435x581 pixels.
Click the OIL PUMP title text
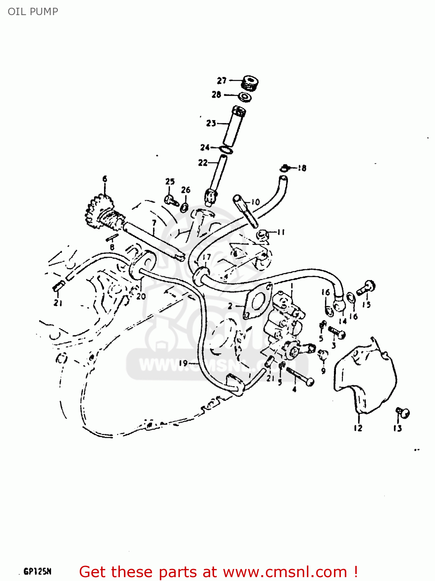[x=33, y=12]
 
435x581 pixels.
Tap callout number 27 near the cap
[x=221, y=81]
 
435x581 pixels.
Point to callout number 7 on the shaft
[x=154, y=223]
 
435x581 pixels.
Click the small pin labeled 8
[x=113, y=238]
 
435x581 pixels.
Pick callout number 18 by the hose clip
[x=302, y=168]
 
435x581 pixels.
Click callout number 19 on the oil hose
[x=183, y=363]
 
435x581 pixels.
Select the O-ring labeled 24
[x=226, y=150]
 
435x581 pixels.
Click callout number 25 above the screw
[x=170, y=181]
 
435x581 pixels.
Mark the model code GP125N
[x=38, y=571]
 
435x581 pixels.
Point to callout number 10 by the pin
[x=255, y=202]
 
